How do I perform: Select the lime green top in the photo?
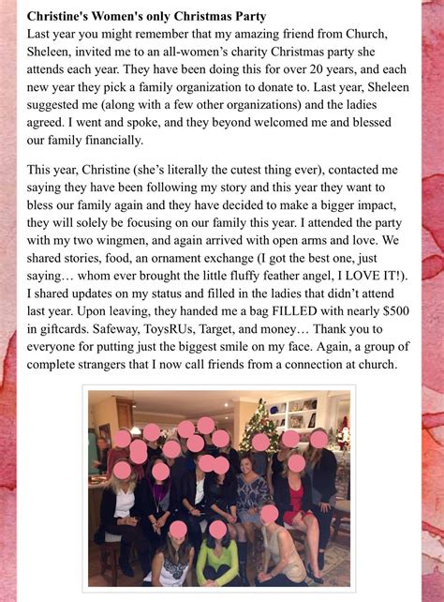(x=217, y=561)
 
